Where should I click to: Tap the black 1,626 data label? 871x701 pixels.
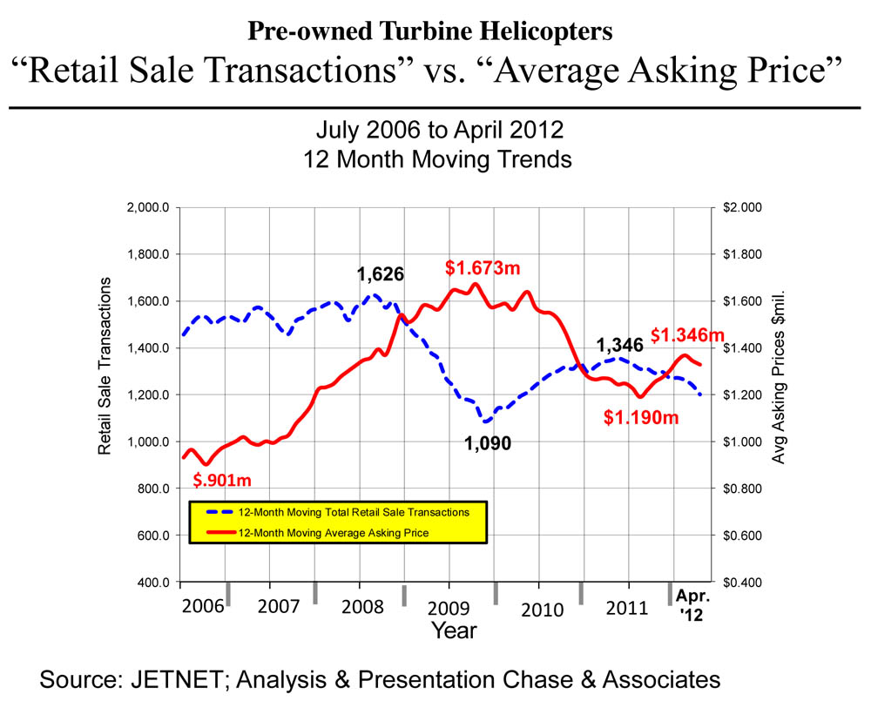(381, 275)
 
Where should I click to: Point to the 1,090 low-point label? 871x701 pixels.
(487, 443)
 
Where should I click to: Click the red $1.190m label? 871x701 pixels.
(641, 418)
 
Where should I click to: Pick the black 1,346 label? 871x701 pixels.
(619, 346)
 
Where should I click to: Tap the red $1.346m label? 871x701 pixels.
(688, 334)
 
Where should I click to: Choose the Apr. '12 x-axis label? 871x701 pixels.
(694, 606)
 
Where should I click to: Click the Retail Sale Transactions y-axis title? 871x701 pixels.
(105, 366)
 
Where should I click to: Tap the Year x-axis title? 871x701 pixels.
(454, 630)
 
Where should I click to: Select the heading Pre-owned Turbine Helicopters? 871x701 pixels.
(429, 32)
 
